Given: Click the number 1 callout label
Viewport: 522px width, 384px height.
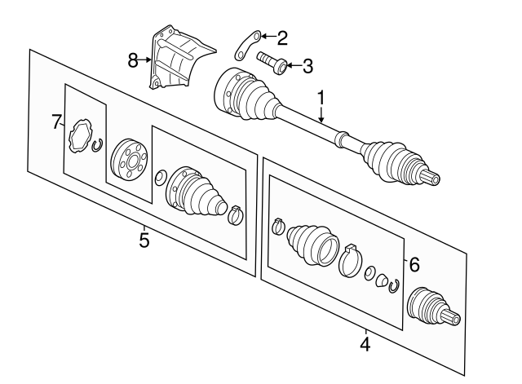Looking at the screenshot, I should click(321, 98).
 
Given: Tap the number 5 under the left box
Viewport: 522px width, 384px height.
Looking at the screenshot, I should click(144, 241).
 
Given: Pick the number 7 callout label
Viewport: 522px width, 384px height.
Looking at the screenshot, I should click(56, 122).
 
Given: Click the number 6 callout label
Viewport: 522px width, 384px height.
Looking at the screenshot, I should click(414, 264).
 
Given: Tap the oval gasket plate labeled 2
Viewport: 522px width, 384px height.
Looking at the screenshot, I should click(247, 43).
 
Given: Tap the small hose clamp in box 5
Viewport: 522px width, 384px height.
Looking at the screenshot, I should click(235, 215).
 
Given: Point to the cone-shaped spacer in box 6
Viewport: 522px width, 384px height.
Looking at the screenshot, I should click(381, 281).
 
